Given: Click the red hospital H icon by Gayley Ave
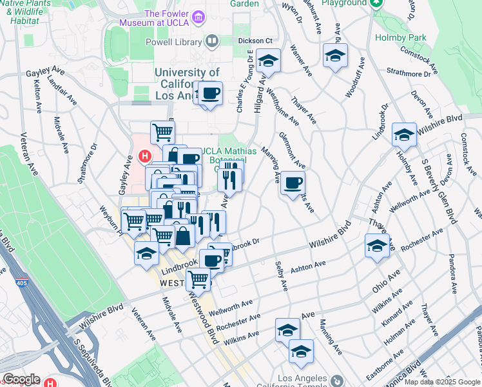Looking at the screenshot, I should (145, 155).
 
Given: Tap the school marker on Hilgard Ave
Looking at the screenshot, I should (268, 62).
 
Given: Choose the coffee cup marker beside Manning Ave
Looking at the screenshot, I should (293, 183).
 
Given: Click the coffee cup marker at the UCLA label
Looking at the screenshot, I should (210, 94).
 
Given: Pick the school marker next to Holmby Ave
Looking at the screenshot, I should (403, 135).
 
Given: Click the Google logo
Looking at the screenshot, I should (21, 379).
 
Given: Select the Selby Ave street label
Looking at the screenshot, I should (280, 274).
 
